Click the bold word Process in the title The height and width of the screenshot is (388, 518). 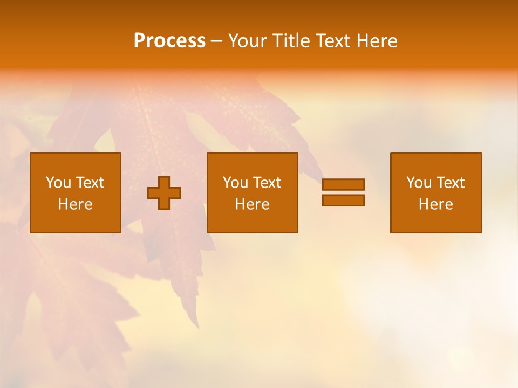coord(169,41)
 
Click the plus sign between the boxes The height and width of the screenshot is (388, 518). coord(164,193)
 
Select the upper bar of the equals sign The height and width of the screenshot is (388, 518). coord(343,184)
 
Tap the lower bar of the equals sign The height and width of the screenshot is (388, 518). coord(343,200)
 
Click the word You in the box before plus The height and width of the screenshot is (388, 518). coord(58,183)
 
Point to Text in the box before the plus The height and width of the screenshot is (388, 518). coord(90,183)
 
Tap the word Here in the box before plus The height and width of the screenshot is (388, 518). coord(76,204)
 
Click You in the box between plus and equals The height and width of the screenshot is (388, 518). coord(235,183)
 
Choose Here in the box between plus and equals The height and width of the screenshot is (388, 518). coord(253,204)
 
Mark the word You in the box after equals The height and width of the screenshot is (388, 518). coord(419,183)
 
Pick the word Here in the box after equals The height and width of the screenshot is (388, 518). coord(436,204)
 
